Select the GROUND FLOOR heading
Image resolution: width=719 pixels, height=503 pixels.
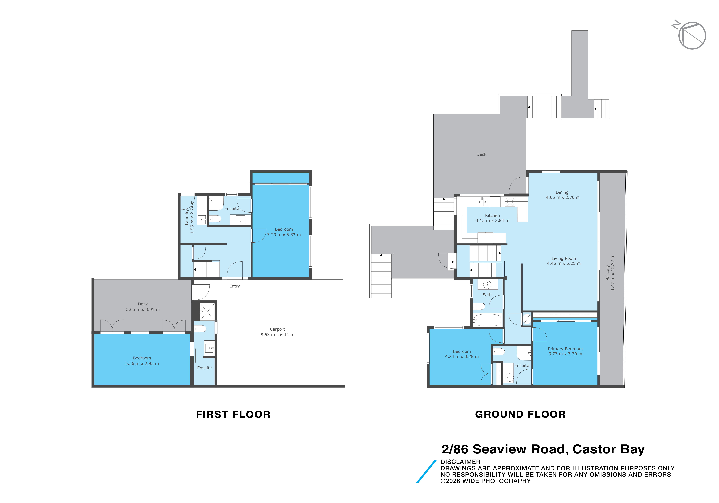pyautogui.click(x=520, y=414)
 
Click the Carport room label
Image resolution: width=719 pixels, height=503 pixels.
pyautogui.click(x=277, y=329)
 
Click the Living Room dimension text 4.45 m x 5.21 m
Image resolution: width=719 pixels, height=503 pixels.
pyautogui.click(x=564, y=264)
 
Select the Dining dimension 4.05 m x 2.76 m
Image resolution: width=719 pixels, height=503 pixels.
pyautogui.click(x=563, y=198)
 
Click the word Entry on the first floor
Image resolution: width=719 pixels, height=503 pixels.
pyautogui.click(x=235, y=286)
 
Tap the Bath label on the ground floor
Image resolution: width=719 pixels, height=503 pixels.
pyautogui.click(x=487, y=295)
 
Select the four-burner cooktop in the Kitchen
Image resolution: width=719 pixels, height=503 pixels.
pyautogui.click(x=510, y=202)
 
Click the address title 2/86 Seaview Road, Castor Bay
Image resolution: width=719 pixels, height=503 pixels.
pyautogui.click(x=543, y=450)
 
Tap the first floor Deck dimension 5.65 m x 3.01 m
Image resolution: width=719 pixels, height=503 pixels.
pyautogui.click(x=143, y=310)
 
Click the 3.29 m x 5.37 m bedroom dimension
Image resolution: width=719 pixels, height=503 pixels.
pyautogui.click(x=284, y=235)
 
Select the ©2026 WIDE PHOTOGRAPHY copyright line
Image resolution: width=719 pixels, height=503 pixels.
pyautogui.click(x=486, y=481)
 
